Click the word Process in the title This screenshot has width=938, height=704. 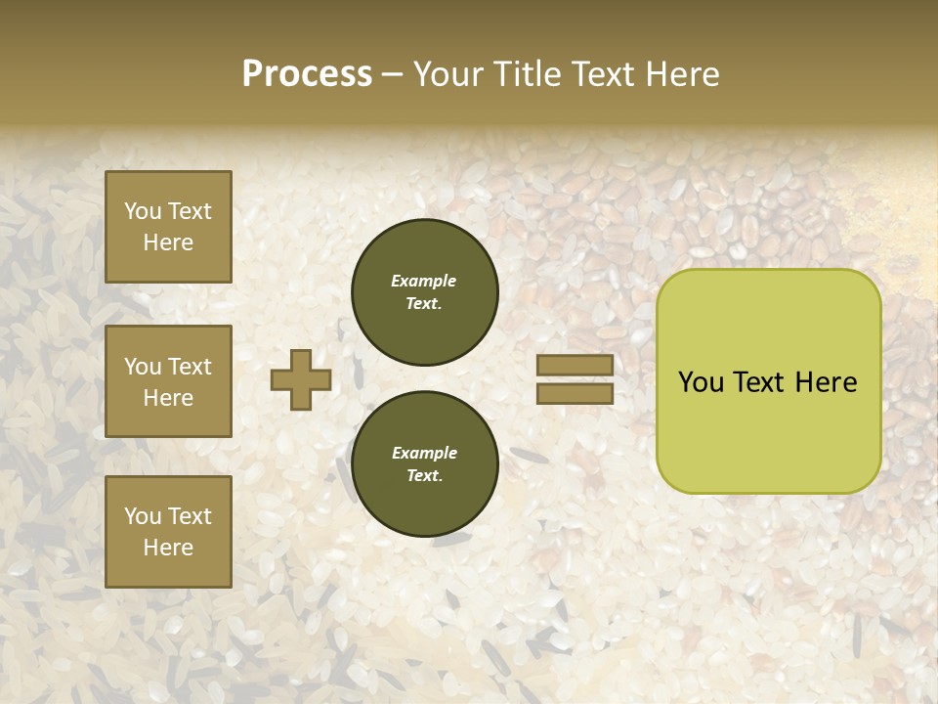[307, 74]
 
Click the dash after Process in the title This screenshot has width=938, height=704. [393, 75]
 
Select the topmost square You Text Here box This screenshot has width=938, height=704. [168, 227]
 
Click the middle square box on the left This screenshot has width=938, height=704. [168, 381]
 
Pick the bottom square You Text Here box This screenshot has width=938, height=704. [168, 531]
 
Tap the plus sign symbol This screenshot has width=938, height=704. [301, 379]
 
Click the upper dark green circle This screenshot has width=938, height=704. [425, 292]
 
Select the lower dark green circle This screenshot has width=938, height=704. [425, 463]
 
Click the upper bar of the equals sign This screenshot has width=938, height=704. [575, 365]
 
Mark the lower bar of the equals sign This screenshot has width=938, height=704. [575, 393]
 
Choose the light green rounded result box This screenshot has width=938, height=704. [768, 381]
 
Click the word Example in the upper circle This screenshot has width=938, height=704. [424, 281]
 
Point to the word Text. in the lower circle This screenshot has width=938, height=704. [424, 475]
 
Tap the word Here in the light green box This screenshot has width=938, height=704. [826, 382]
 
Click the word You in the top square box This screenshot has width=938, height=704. [143, 211]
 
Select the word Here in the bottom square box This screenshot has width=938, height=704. [168, 548]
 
